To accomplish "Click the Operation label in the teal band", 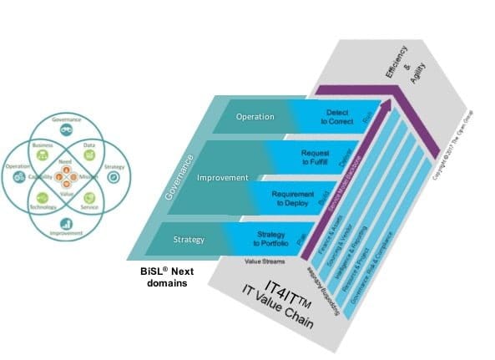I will (255, 116).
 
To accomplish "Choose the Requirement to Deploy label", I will (293, 198).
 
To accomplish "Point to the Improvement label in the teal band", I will (222, 178).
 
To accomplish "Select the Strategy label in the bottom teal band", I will (189, 240).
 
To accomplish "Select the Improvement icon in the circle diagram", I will (65, 224).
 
